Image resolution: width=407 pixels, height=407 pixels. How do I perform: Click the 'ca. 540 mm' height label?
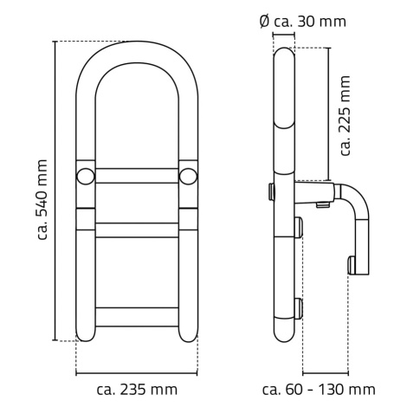pyautogui.click(x=42, y=199)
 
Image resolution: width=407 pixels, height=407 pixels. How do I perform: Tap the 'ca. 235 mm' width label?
pyautogui.click(x=137, y=390)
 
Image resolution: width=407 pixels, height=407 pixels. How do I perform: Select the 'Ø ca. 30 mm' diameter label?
pyautogui.click(x=302, y=22)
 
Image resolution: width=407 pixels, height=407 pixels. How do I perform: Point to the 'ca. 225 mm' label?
pyautogui.click(x=346, y=116)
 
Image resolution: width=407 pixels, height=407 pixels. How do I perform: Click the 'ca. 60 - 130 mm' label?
pyautogui.click(x=319, y=390)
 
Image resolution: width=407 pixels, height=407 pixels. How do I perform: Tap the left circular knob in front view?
pyautogui.click(x=86, y=176)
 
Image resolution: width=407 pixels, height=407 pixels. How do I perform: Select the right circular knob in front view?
pyautogui.click(x=188, y=176)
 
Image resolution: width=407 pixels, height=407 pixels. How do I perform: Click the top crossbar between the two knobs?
pyautogui.click(x=137, y=176)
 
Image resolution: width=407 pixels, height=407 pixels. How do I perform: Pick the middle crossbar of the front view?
pyautogui.click(x=137, y=230)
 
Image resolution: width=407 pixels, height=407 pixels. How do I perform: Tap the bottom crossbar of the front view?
pyautogui.click(x=137, y=317)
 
